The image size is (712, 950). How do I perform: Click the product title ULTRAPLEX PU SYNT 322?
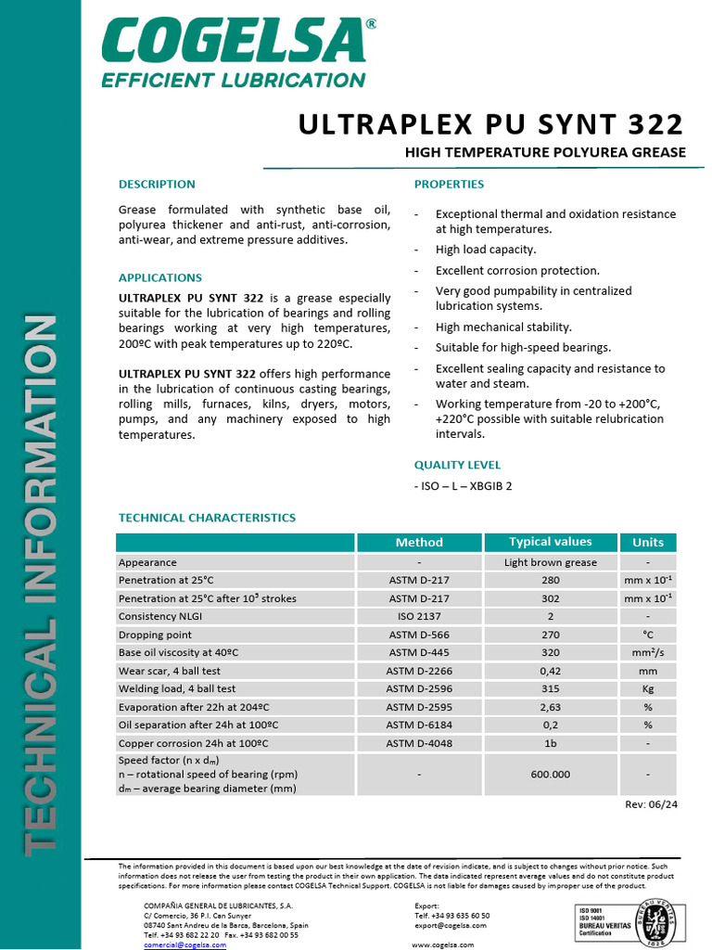[490, 124]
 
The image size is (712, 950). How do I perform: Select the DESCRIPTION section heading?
[157, 184]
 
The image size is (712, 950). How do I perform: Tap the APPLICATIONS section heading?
[160, 277]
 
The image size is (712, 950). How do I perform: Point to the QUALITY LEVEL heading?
[457, 465]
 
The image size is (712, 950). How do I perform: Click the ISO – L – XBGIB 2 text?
[464, 485]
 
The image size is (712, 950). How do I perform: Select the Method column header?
[419, 542]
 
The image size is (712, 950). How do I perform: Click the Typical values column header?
[550, 542]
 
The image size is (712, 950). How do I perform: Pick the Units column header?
[647, 542]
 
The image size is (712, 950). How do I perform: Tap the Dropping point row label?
[155, 635]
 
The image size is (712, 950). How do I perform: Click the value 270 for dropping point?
[550, 635]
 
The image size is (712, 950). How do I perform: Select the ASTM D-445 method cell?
[419, 652]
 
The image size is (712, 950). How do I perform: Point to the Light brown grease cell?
[550, 562]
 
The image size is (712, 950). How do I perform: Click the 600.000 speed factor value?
[550, 774]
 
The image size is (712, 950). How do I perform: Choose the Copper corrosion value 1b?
[550, 743]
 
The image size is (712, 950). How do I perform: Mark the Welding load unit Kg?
[647, 688]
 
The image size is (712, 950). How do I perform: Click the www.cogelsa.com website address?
[442, 944]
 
